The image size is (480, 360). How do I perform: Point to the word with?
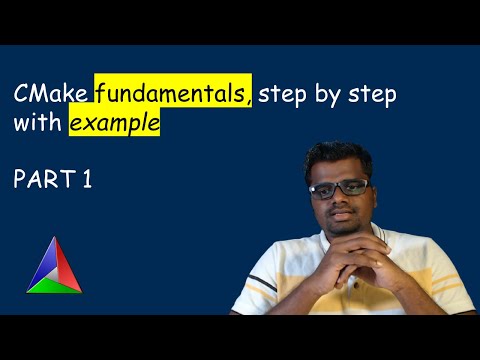pos(37,127)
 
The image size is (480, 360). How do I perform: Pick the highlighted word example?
pos(114,127)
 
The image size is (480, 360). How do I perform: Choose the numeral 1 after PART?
pos(87,181)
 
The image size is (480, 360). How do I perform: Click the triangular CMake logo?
pos(55,267)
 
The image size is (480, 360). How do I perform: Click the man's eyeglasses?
pos(336,187)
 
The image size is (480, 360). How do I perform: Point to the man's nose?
pos(337,198)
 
